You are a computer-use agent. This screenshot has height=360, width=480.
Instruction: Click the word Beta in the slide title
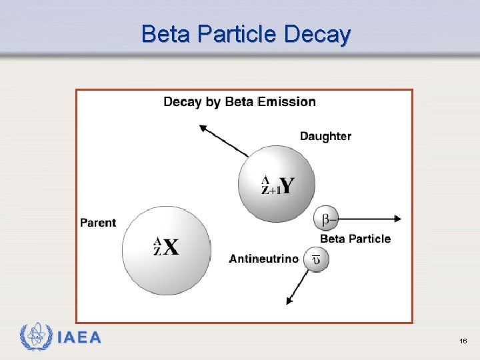pos(161,34)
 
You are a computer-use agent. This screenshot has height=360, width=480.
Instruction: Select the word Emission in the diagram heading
pos(287,102)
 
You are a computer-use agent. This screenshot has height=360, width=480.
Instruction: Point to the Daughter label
pos(325,136)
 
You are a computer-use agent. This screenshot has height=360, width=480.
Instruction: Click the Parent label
pos(98,223)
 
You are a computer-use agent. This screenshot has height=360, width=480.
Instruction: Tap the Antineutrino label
pos(264,259)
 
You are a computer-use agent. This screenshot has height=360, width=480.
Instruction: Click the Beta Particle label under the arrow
pos(355,239)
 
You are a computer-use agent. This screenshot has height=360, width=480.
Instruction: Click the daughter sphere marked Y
pos(276,184)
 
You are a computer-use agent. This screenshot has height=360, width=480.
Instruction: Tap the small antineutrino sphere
pos(316,259)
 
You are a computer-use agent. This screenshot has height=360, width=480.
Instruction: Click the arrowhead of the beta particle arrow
pos(398,219)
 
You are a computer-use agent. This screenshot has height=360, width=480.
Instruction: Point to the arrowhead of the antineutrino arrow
pos(289,301)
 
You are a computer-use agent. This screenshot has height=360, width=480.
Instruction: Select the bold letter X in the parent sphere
pos(171,248)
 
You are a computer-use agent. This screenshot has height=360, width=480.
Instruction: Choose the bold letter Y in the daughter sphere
pos(285,185)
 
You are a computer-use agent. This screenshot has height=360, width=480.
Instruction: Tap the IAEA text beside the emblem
pos(79,338)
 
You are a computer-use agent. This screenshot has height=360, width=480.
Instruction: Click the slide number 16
pos(463,341)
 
